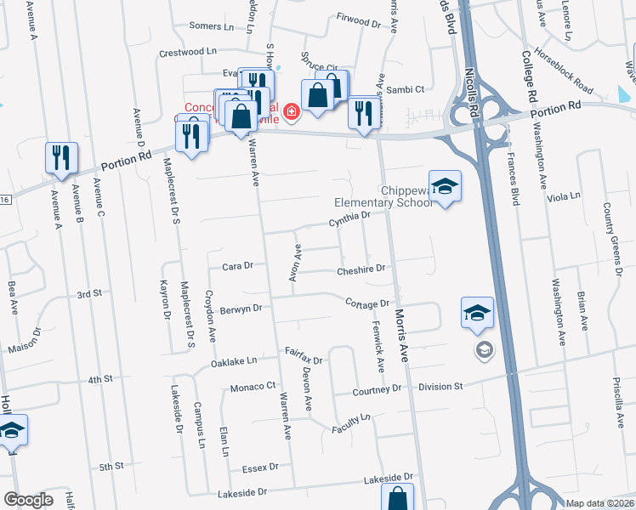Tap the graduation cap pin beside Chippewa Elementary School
pos(445,185)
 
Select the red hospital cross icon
pos(292,111)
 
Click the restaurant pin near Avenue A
pos(61,158)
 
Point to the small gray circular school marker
pos(484,349)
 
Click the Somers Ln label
pos(205,26)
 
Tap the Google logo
pos(28,500)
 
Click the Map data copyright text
pos(599,503)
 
